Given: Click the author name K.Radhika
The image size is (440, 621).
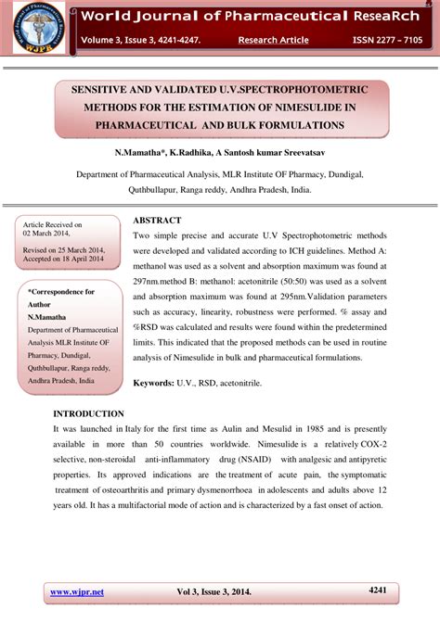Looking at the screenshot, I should pos(201,150).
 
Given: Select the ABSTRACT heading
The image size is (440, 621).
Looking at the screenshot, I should pos(157,221).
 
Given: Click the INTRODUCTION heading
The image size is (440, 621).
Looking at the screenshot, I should pos(88,413).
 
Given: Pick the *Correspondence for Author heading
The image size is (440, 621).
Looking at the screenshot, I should pos(60,298).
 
